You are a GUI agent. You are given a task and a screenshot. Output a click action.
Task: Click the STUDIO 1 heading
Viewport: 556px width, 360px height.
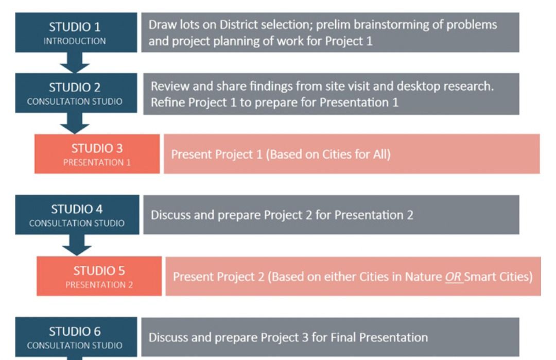(x=75, y=27)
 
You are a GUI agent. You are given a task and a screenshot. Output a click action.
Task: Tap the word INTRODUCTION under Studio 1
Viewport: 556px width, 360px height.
(x=75, y=41)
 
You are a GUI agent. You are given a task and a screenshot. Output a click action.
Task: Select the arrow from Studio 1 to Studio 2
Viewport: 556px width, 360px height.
(x=75, y=63)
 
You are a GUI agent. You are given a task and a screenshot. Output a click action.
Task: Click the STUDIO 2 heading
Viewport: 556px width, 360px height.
(x=75, y=87)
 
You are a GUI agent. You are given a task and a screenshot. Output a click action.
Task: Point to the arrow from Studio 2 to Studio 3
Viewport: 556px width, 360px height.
(x=75, y=124)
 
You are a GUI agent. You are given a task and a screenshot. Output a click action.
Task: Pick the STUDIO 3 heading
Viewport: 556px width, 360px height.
(x=97, y=148)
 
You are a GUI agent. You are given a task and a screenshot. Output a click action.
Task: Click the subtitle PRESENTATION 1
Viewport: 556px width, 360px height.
(x=97, y=162)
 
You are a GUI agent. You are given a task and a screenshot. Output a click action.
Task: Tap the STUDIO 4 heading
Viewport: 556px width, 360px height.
(x=77, y=209)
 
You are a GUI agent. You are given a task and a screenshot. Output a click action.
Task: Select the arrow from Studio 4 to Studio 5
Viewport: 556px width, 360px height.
(x=77, y=245)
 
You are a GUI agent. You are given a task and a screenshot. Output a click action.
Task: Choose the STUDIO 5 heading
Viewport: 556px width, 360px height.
(x=99, y=271)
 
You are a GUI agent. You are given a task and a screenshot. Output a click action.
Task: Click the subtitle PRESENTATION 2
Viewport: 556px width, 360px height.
(x=99, y=285)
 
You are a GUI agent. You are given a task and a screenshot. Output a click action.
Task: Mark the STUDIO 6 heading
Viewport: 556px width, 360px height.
(x=75, y=332)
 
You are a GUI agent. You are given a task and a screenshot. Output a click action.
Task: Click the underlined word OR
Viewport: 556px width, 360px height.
(x=453, y=277)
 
